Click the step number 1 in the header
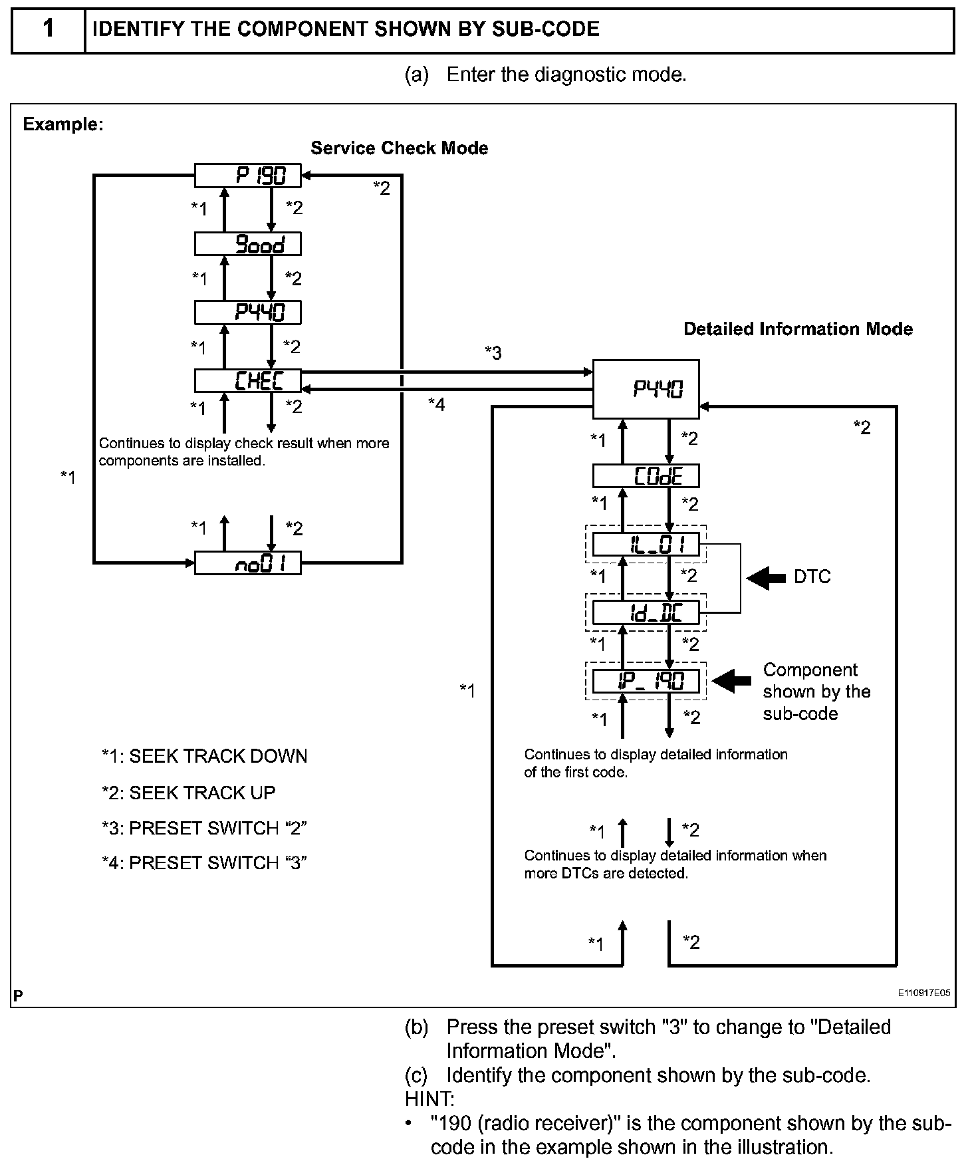[48, 29]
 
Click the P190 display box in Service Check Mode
[247, 176]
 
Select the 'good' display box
[247, 244]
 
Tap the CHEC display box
[247, 380]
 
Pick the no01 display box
[247, 563]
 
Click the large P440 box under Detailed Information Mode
[646, 389]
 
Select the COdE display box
[646, 476]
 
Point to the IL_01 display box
[646, 545]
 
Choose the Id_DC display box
[646, 612]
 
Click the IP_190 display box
[646, 681]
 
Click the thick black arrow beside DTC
[766, 577]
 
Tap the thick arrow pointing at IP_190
[731, 681]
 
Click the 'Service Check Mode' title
[399, 148]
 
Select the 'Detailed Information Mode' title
[798, 329]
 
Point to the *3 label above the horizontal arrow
[493, 352]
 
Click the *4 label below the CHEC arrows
[436, 404]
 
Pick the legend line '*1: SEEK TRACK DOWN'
[204, 757]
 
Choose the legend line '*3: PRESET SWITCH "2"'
[204, 829]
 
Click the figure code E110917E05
[923, 993]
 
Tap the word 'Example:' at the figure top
[63, 124]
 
